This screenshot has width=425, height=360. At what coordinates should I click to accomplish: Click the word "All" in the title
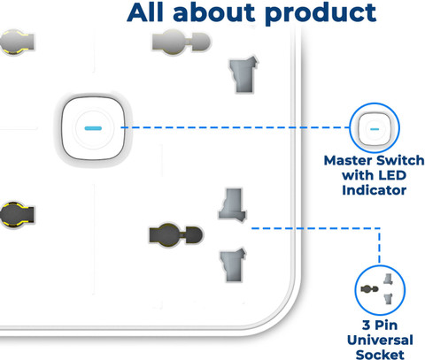145,12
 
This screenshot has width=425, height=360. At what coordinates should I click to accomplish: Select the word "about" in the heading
214,12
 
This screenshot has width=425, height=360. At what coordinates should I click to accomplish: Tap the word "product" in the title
321,14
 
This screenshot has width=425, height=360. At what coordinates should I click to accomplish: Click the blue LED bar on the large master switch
93,128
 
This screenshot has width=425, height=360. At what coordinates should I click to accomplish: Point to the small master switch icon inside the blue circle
375,129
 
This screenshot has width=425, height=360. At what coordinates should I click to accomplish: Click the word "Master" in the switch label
348,161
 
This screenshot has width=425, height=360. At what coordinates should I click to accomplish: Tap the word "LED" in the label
392,175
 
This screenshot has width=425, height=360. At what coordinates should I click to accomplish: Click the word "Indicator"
375,190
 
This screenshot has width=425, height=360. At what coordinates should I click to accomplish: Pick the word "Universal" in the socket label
380,340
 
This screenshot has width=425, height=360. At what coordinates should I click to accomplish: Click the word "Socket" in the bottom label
380,355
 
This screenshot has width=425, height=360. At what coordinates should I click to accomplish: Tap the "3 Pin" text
380,326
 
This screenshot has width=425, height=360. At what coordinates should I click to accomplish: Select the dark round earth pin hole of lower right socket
176,235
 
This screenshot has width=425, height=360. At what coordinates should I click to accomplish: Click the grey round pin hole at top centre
182,42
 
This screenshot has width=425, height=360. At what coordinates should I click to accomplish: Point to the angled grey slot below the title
243,74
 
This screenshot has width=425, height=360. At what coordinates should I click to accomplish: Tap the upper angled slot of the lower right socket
232,204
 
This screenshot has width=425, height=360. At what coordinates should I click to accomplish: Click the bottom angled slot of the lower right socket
233,265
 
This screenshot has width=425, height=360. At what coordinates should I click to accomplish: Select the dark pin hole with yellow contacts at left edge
17,215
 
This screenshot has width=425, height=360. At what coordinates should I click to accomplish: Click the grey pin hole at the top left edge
17,42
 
